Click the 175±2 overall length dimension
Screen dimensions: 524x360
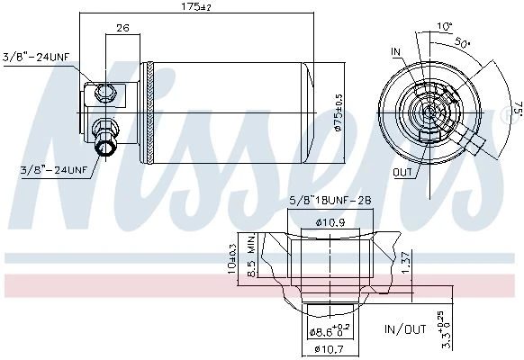[196, 6]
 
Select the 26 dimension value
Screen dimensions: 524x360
[122, 28]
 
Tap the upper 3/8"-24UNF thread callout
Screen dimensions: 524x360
[36, 57]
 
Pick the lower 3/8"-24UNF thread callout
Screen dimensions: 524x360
[53, 170]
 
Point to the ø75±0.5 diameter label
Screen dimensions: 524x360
[339, 112]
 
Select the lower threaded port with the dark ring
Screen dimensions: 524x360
[105, 147]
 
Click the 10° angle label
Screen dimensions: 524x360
[445, 26]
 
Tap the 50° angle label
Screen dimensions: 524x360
[463, 42]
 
